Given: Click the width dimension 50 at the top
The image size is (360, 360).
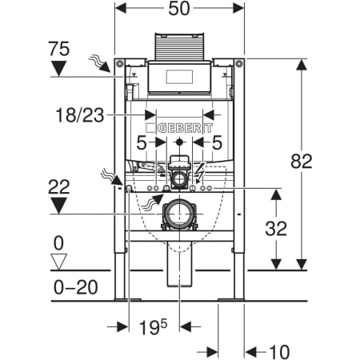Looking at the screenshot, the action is tap(179, 9).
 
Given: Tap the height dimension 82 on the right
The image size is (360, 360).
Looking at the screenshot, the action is tap(302, 161).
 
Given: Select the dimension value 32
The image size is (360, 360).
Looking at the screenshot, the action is tap(276, 229).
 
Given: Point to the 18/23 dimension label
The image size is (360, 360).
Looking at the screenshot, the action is tap(79, 115).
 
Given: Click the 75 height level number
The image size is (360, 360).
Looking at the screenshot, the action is tap(59, 49).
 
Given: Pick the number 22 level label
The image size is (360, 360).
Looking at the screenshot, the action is tap(59, 186).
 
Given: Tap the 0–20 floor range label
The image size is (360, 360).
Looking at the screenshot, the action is tap(76, 287).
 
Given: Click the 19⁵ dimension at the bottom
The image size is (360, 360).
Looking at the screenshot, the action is tap(153, 327).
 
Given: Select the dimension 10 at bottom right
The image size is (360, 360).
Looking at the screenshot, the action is tap(279, 352).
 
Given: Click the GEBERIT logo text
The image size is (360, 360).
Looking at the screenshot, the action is tap(179, 128).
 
